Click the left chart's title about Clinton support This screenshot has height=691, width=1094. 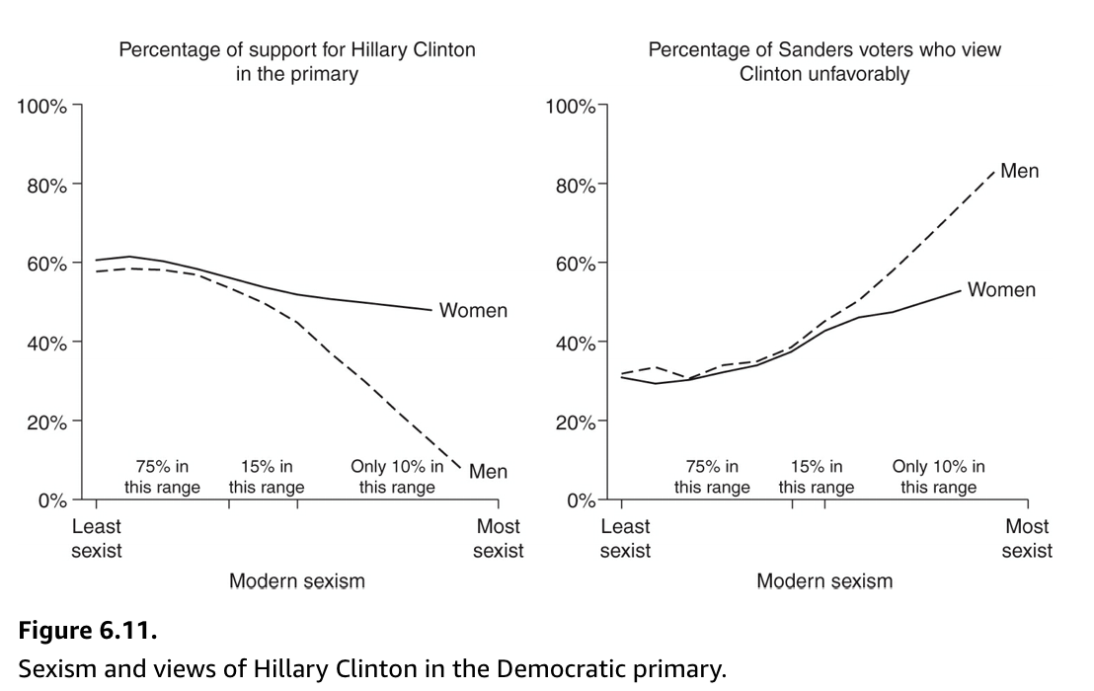296,61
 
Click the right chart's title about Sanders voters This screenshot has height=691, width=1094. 824,61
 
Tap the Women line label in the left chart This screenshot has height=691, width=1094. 473,310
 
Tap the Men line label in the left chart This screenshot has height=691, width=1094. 488,471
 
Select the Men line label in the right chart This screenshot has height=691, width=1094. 1019,171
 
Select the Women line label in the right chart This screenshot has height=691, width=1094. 1001,289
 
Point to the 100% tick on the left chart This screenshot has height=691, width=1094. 41,106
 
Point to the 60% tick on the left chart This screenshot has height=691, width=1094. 46,264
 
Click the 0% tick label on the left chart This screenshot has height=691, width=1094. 51,500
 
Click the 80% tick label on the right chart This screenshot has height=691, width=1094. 575,185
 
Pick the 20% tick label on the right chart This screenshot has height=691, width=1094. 575,422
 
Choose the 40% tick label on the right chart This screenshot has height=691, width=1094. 575,343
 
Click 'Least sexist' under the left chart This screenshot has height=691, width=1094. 97,538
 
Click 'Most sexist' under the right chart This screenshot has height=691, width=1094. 1027,538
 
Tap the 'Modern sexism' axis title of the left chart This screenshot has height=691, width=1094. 296,581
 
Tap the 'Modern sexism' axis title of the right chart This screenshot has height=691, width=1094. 824,581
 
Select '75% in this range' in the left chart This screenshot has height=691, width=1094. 162,477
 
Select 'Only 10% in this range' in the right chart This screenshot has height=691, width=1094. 938,477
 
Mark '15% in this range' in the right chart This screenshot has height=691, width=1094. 817,477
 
